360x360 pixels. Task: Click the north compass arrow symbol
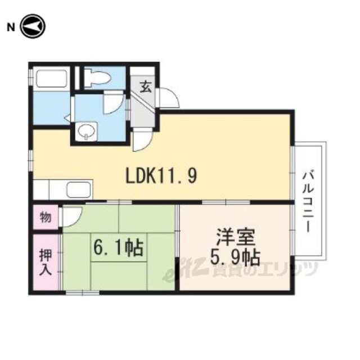(33, 26)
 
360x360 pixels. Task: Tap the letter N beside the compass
(11, 28)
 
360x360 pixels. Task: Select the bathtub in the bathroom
(51, 78)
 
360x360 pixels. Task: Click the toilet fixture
(97, 77)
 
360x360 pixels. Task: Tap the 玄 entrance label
(146, 87)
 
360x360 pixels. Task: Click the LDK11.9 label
(161, 175)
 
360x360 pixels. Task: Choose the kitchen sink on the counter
(78, 190)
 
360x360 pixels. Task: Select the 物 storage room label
(46, 217)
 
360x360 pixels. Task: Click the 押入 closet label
(45, 262)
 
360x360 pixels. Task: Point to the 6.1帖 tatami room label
(119, 249)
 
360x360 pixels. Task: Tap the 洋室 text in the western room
(236, 237)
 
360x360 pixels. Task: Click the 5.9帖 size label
(235, 257)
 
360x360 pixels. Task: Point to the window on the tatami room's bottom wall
(83, 292)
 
